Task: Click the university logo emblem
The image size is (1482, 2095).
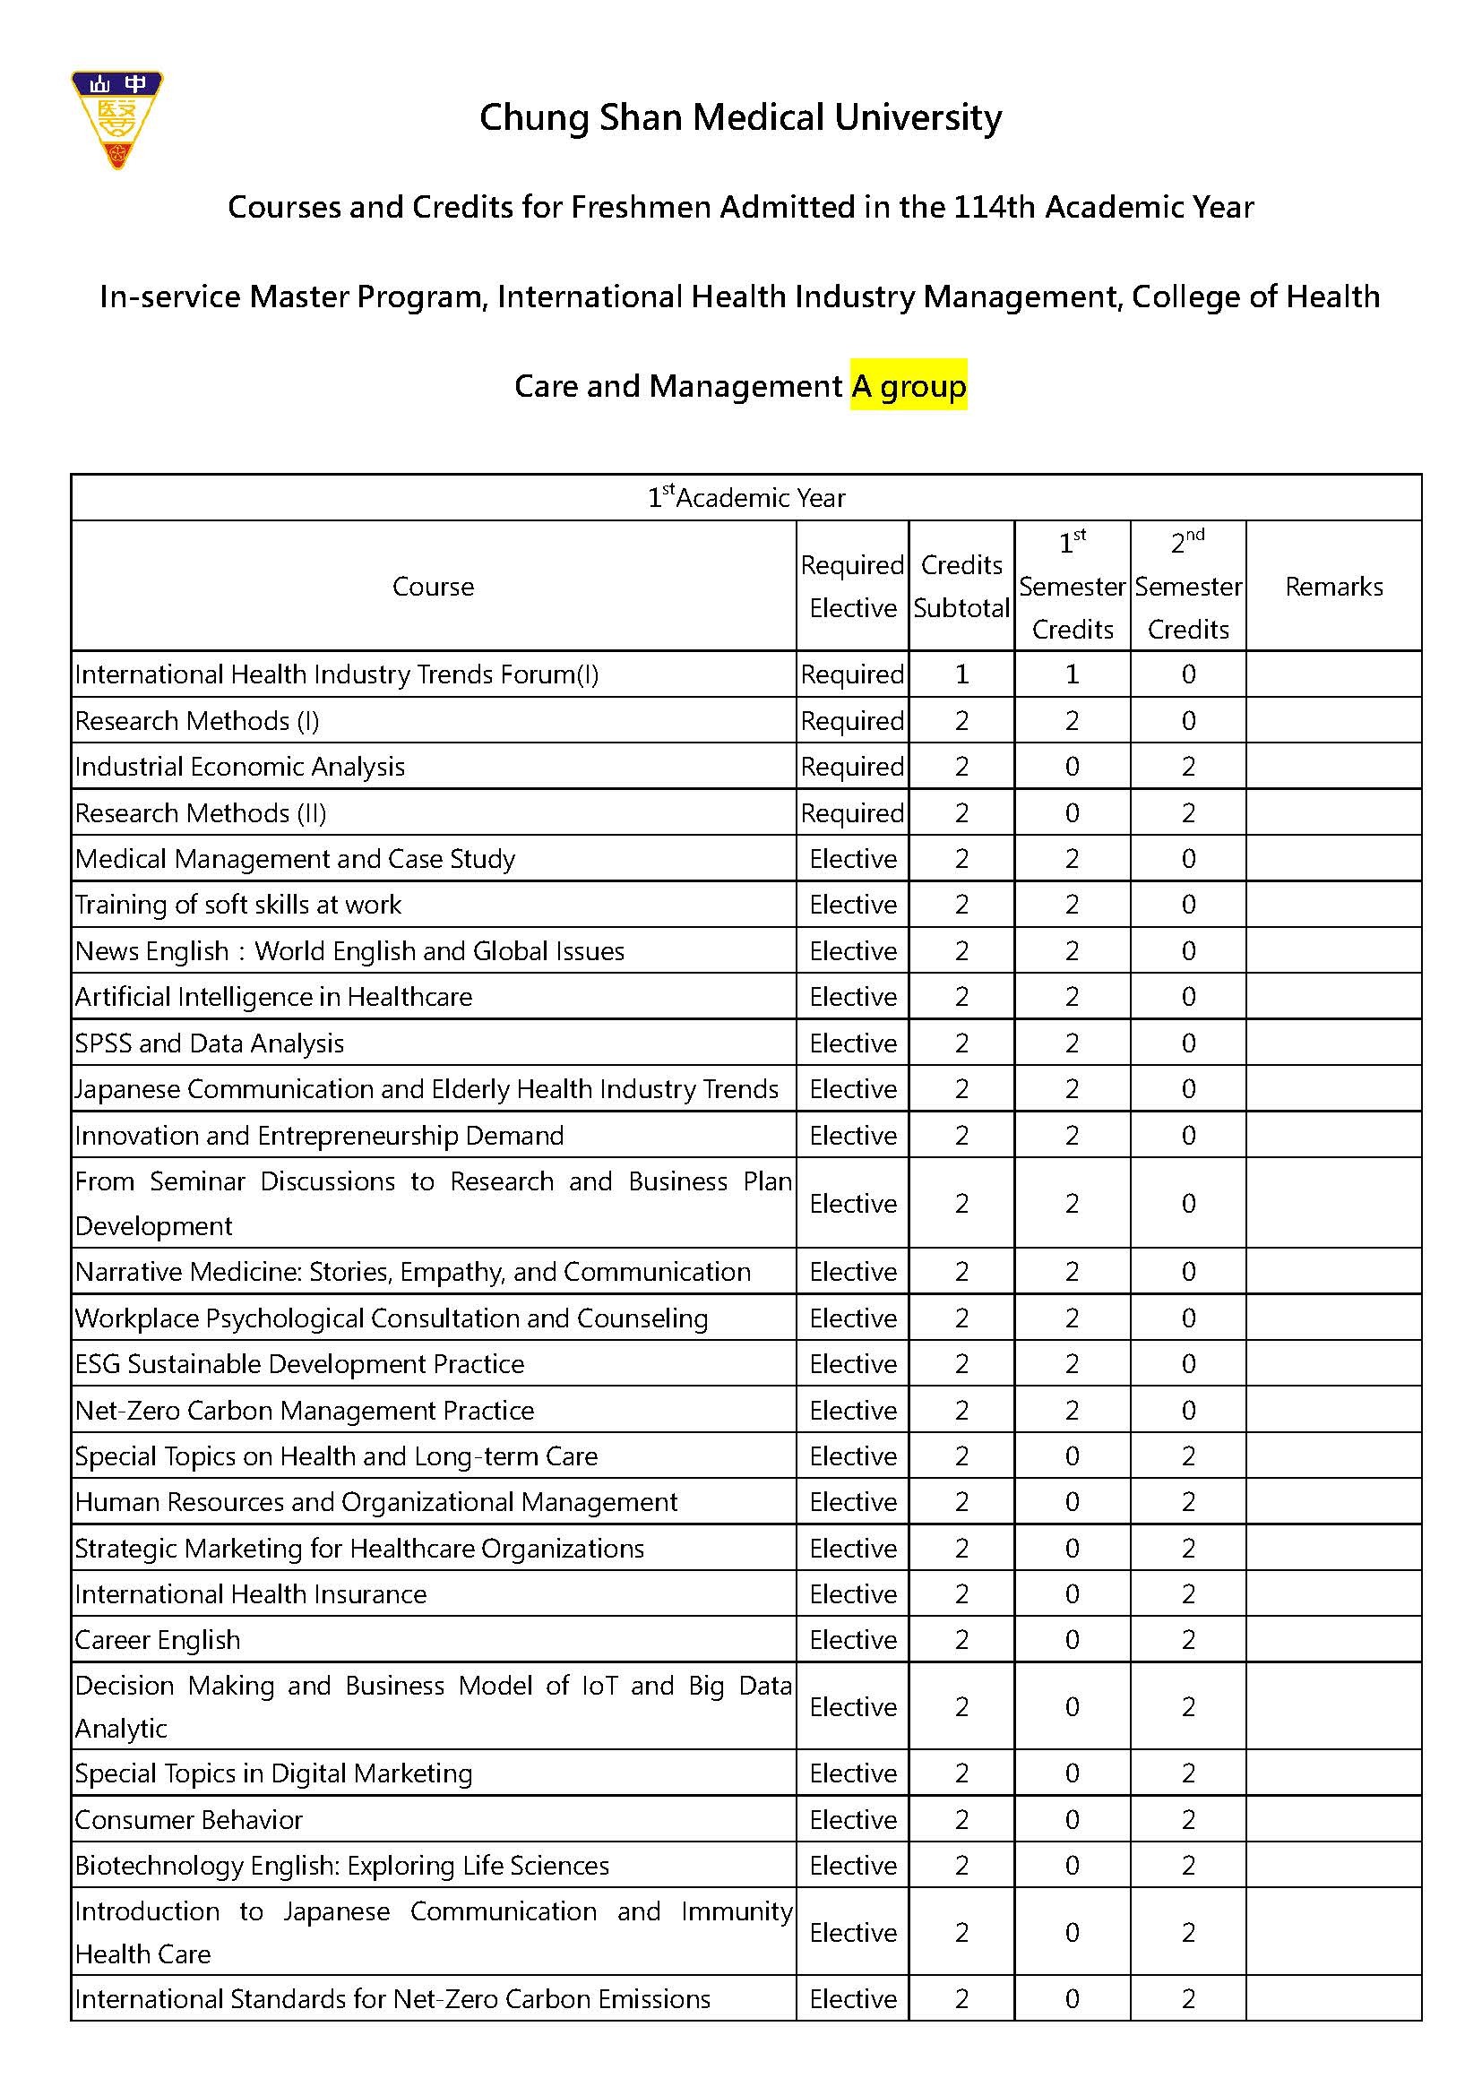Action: click(116, 119)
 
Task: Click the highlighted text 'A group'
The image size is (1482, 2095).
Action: click(908, 386)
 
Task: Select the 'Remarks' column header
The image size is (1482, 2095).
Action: click(1333, 587)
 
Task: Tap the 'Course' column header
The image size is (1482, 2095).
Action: click(434, 587)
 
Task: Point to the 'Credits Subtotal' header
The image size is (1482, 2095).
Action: click(961, 587)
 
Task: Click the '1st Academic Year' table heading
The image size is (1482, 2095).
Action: click(745, 498)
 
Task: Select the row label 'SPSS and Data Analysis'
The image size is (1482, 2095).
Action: click(210, 1043)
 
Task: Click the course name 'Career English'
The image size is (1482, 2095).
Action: click(158, 1640)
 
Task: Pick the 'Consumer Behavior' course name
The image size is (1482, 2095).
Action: click(189, 1819)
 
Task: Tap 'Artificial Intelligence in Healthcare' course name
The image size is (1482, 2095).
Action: click(274, 996)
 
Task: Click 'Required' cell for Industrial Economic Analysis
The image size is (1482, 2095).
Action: click(852, 767)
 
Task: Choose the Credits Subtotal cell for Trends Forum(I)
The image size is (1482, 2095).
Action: click(961, 674)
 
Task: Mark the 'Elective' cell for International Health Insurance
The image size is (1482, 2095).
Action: click(852, 1594)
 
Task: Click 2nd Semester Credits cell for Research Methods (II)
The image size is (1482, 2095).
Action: click(1187, 813)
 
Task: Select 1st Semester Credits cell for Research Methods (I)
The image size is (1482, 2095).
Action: click(1072, 721)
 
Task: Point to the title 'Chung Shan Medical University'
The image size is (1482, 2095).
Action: click(740, 117)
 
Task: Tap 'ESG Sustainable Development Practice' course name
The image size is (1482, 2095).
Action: click(300, 1364)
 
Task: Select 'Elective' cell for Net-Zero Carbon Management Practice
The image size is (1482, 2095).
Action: click(852, 1411)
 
